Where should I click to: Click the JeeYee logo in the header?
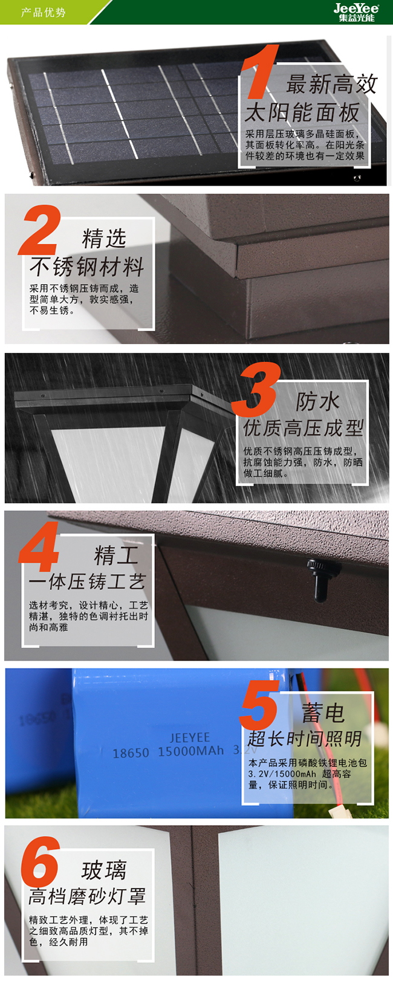[x=356, y=12]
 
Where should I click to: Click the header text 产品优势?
[x=43, y=12]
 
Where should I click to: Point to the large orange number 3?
[x=256, y=389]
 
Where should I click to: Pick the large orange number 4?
[x=39, y=547]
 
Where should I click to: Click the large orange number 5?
[x=259, y=705]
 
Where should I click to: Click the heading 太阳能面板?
[x=302, y=112]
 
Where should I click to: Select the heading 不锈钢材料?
[x=87, y=267]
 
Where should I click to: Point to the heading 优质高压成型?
[x=304, y=427]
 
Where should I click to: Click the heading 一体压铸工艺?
[x=87, y=581]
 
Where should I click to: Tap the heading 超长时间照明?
[x=304, y=739]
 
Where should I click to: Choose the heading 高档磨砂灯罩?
[x=87, y=896]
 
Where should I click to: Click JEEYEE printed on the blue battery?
[x=190, y=737]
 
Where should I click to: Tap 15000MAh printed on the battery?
[x=190, y=751]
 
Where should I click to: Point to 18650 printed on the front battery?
[x=131, y=753]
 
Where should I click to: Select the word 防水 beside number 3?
[x=317, y=401]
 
